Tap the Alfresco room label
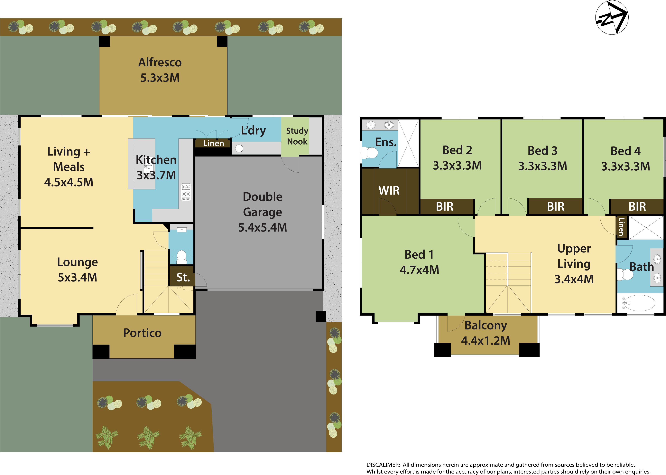click(x=160, y=62)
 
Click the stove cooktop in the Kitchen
click(x=186, y=192)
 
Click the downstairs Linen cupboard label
click(x=213, y=143)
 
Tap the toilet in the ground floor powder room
click(x=181, y=256)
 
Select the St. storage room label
click(x=183, y=277)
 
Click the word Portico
click(x=142, y=333)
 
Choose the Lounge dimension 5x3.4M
click(x=78, y=277)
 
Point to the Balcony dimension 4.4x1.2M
click(x=486, y=340)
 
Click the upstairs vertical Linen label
click(x=622, y=227)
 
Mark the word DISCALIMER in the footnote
click(x=383, y=465)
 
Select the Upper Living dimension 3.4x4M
click(x=574, y=279)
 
